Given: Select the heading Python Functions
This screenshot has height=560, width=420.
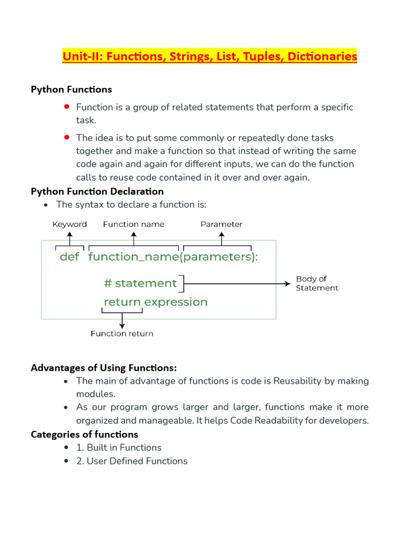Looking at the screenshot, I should [71, 89].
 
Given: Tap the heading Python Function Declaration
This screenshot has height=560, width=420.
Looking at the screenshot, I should [97, 191].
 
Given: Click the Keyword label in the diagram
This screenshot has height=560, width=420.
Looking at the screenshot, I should [69, 224].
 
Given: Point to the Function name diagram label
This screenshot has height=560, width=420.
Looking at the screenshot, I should [133, 224].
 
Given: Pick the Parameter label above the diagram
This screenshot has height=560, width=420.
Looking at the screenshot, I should [221, 224].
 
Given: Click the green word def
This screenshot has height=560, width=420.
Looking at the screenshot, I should [69, 257].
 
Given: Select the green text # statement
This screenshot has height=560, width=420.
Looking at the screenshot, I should [141, 283].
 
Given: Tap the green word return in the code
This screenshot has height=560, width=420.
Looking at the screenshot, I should [122, 302].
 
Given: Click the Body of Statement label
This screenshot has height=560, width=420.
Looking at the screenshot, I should [317, 283].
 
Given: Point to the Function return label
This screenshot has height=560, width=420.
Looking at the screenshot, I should [122, 334].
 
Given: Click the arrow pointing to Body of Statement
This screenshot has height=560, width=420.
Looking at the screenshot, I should [238, 283].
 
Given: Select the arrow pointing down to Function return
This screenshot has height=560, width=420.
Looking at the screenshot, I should [122, 320].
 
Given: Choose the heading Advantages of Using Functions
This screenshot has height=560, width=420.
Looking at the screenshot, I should [104, 367].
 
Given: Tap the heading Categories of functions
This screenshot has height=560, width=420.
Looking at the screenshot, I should [84, 434].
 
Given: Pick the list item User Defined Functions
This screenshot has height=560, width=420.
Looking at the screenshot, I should [132, 461].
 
